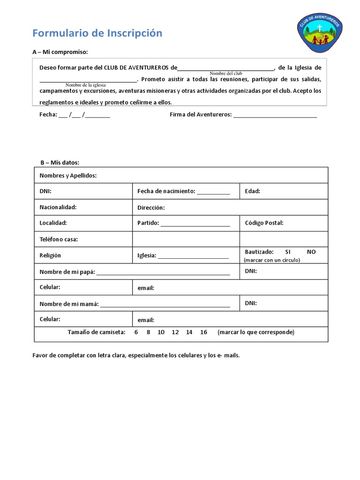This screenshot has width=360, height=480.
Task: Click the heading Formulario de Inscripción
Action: coord(97,33)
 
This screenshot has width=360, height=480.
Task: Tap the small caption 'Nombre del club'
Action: coord(225,74)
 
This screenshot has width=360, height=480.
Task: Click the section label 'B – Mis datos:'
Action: coord(60,163)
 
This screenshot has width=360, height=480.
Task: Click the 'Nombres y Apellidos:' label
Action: coord(68,176)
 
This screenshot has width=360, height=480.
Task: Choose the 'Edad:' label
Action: coord(252,191)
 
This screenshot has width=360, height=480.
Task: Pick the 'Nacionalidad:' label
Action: coord(58,207)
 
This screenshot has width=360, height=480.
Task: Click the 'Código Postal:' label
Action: coord(264,223)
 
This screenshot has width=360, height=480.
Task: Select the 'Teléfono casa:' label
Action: coord(59,240)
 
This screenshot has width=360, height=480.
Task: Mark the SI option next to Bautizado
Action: coord(288,252)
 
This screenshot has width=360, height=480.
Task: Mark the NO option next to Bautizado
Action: coord(311,252)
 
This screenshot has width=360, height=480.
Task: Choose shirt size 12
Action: coord(175,332)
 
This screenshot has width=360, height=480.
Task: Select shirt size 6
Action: coord(136,332)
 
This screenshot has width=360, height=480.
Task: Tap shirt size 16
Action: coord(203,332)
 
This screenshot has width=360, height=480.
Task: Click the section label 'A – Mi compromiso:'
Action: coord(60,52)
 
